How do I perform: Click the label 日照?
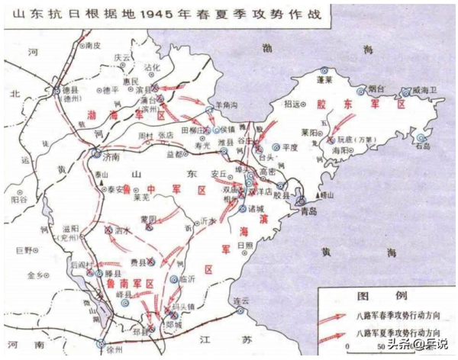(x=244, y=244)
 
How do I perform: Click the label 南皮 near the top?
(x=93, y=46)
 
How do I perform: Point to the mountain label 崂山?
(x=328, y=196)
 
